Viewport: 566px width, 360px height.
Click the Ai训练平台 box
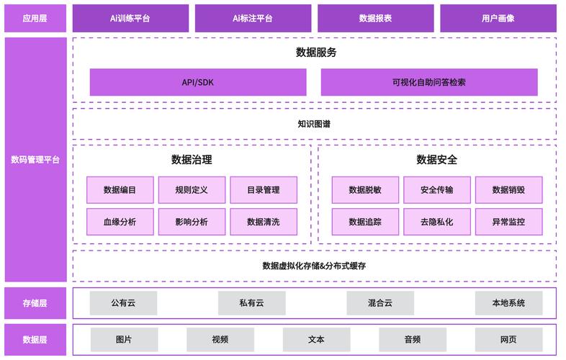click(x=130, y=19)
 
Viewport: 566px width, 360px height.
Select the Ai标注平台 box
click(x=253, y=19)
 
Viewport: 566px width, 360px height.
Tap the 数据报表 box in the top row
click(x=375, y=19)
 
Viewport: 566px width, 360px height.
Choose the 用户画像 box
click(x=498, y=19)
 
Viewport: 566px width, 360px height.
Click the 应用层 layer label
click(x=35, y=19)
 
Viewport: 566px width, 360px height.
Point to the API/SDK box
click(x=197, y=82)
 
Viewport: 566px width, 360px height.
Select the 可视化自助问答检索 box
click(x=429, y=82)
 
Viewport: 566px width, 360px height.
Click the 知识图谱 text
click(x=314, y=124)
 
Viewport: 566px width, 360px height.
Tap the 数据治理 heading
click(x=192, y=160)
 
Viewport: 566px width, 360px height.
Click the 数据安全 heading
click(x=436, y=160)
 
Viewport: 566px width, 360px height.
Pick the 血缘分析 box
click(x=120, y=222)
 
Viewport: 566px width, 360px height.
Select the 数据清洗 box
click(x=263, y=222)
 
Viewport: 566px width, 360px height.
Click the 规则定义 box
click(x=192, y=190)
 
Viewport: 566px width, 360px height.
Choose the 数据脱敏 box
click(x=365, y=190)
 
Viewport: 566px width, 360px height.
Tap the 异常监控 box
click(x=508, y=222)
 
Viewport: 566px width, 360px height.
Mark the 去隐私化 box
click(x=436, y=222)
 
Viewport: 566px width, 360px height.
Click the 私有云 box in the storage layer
click(x=251, y=303)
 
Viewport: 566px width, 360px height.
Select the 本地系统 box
click(x=508, y=303)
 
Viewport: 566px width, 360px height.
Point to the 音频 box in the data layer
click(x=412, y=339)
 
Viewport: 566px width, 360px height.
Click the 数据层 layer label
click(x=35, y=339)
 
